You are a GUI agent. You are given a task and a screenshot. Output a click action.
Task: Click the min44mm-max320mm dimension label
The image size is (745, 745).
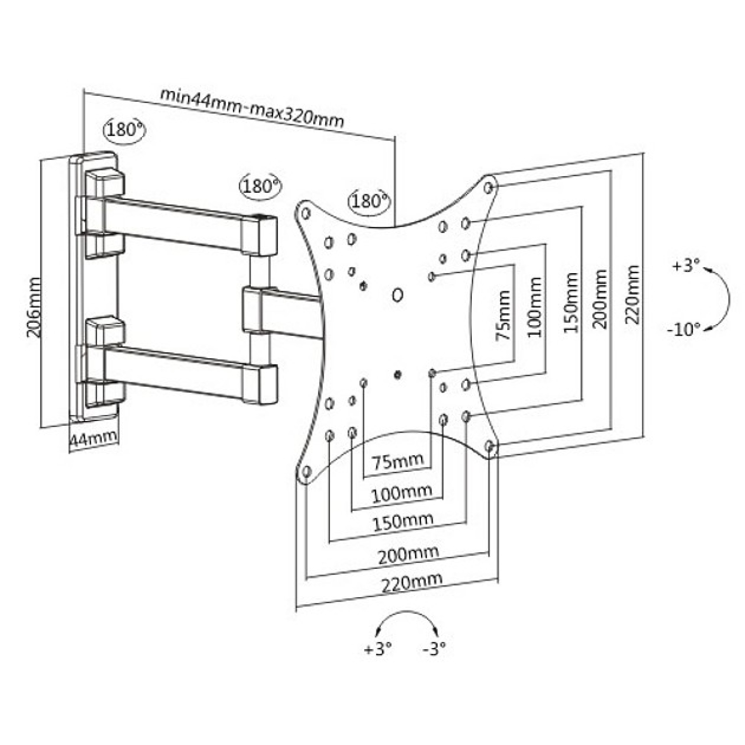tap(253, 109)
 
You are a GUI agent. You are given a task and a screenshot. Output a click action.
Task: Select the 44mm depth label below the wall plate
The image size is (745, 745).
tap(94, 438)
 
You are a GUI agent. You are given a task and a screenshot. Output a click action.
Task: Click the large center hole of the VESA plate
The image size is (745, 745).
tap(397, 295)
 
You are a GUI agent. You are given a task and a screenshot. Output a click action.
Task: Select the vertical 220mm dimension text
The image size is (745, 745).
tap(632, 295)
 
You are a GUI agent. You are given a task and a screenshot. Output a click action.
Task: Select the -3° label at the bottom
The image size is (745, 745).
tap(435, 648)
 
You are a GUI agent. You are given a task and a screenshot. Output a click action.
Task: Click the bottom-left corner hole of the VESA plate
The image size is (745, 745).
tap(306, 472)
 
